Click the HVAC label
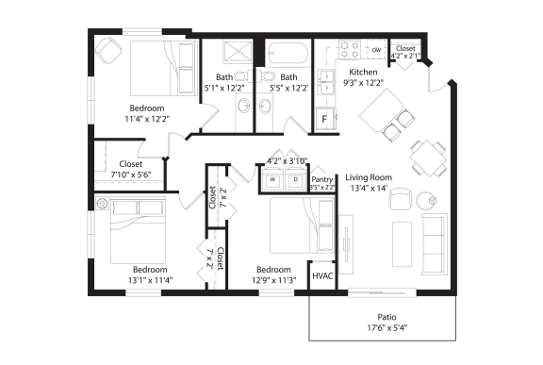323,275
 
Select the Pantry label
322,177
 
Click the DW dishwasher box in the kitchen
375,49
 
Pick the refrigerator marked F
325,119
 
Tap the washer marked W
273,178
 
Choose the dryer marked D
294,178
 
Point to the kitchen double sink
325,82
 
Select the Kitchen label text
364,72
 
